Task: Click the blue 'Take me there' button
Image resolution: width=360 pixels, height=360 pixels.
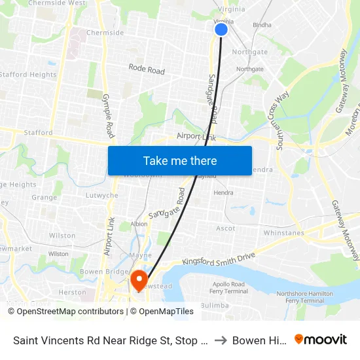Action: tap(180, 160)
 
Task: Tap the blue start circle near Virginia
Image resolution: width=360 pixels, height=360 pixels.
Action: tap(221, 29)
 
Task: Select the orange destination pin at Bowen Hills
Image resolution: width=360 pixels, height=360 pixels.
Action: tap(139, 280)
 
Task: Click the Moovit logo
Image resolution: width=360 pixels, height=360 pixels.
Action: tap(321, 340)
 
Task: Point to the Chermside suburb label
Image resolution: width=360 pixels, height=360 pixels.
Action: tap(105, 33)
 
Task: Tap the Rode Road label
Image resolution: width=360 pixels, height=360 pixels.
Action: tap(147, 69)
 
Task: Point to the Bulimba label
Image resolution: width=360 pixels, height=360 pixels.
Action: tap(214, 305)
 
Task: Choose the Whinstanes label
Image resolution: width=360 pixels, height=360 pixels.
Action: tap(283, 233)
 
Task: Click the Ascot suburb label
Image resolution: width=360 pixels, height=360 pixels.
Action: tap(226, 228)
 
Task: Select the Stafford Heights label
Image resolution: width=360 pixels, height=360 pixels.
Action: tap(28, 75)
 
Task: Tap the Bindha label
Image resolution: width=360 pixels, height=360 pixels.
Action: tap(262, 26)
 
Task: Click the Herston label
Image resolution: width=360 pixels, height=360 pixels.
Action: tap(72, 293)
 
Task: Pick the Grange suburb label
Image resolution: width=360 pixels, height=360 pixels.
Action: tap(45, 197)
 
